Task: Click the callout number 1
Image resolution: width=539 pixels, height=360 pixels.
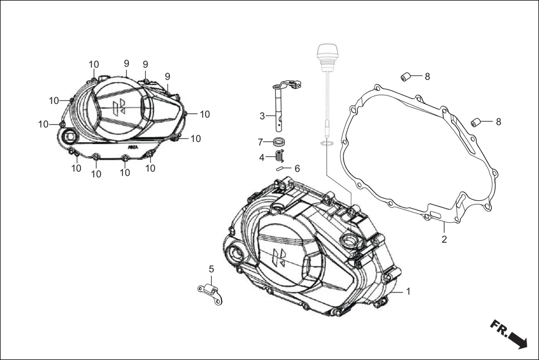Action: (408, 291)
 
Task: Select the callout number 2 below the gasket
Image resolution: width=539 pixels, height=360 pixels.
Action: (444, 240)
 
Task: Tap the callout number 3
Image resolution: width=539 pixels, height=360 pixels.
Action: (262, 116)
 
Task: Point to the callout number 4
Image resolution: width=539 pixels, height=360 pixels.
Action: (261, 157)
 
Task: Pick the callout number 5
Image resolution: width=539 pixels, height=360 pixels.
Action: (211, 269)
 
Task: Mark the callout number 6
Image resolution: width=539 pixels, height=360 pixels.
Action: (297, 168)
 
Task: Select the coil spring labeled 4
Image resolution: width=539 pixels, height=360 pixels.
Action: (280, 157)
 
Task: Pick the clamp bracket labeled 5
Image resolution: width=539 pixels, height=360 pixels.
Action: (211, 292)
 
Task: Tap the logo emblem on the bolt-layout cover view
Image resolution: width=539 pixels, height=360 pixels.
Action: (118, 107)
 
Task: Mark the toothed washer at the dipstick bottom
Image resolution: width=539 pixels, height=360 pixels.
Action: (327, 145)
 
